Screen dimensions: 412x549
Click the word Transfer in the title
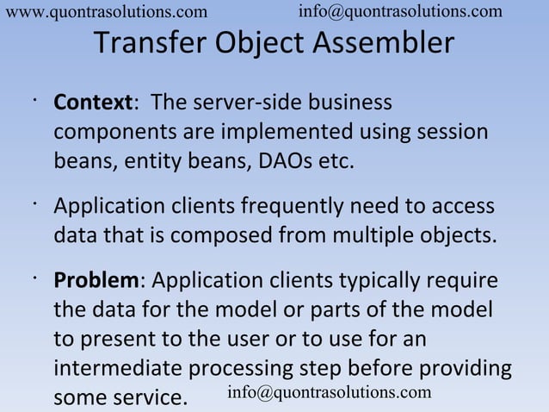point(146,43)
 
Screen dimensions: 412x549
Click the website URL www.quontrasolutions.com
point(106,11)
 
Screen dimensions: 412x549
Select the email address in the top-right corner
point(400,10)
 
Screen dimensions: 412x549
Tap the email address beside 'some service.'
point(329,392)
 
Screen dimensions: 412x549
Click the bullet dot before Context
point(31,99)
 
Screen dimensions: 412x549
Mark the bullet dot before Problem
point(31,277)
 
